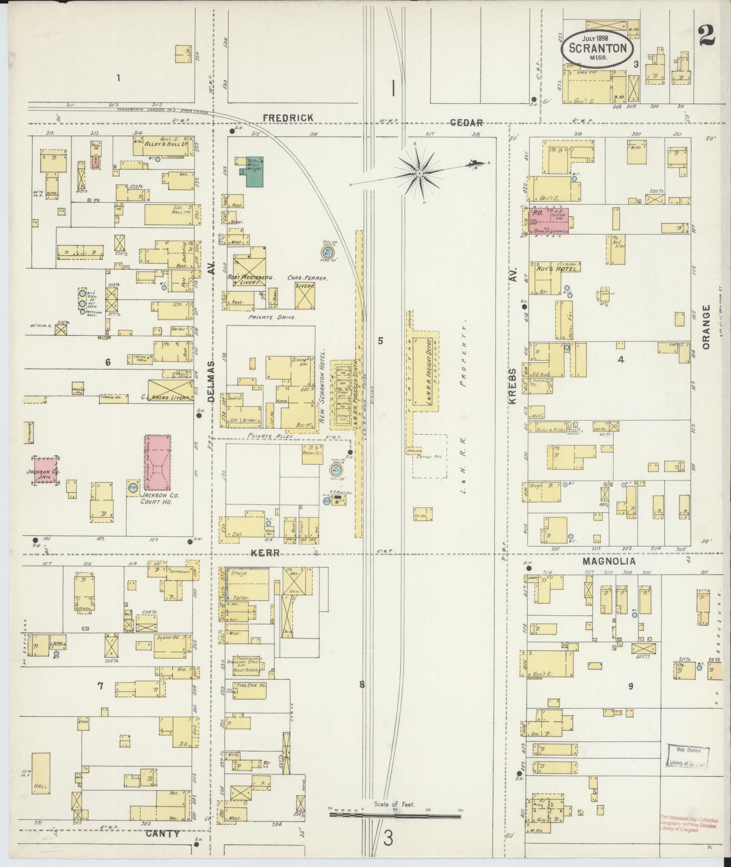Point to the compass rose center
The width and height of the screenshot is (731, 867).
click(420, 173)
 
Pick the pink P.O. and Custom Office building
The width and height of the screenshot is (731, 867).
click(550, 221)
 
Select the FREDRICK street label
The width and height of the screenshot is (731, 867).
click(288, 118)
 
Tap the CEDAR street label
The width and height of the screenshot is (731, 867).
click(466, 122)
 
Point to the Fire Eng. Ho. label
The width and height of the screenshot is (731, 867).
click(249, 686)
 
